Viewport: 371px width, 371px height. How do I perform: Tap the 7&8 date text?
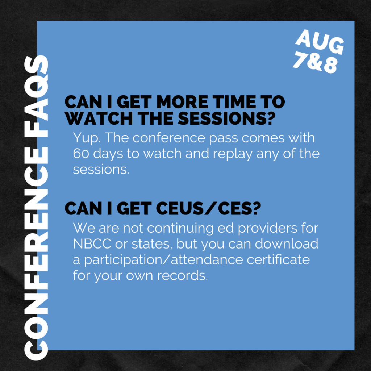(315, 62)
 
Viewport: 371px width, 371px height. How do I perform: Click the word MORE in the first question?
(182, 103)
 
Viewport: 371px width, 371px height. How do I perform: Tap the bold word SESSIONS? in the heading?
(227, 118)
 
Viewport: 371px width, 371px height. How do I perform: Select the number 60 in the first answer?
(81, 154)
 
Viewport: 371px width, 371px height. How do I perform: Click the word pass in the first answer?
(223, 139)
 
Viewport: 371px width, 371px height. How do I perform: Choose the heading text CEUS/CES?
(208, 209)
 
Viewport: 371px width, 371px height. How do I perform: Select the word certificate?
(278, 259)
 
